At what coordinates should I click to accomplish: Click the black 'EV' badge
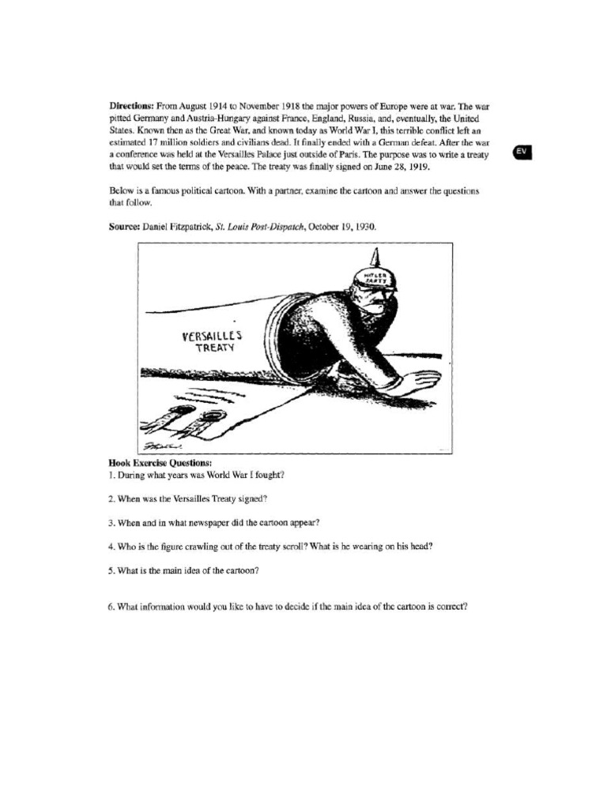tap(522, 152)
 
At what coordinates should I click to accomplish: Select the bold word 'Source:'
tap(124, 226)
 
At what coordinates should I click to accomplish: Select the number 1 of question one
tap(111, 475)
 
